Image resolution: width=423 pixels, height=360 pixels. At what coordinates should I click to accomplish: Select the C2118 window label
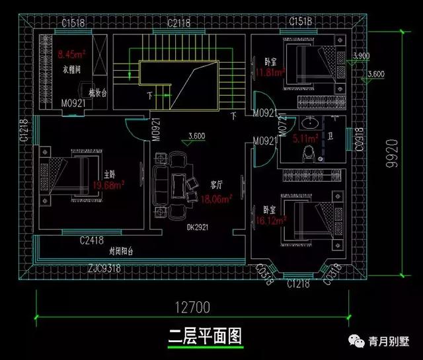click(x=178, y=22)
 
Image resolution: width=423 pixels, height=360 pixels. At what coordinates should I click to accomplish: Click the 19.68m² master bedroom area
click(x=110, y=186)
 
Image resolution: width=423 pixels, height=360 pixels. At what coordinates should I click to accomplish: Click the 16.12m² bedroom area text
click(x=269, y=223)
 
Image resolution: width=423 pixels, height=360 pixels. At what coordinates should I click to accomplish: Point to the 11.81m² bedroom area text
click(x=270, y=71)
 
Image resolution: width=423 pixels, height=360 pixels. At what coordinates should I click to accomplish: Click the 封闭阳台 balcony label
click(x=121, y=252)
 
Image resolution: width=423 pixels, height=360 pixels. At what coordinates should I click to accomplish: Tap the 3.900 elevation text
click(x=362, y=56)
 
